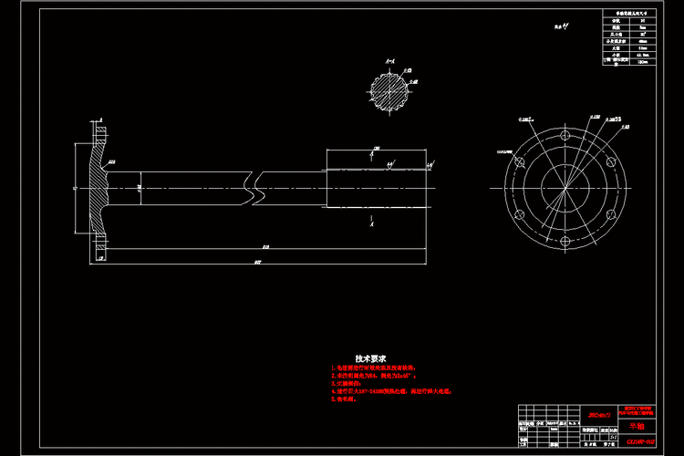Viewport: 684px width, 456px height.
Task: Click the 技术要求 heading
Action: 371,358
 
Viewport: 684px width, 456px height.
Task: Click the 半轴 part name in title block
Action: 636,426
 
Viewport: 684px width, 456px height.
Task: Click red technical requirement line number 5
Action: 342,399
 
